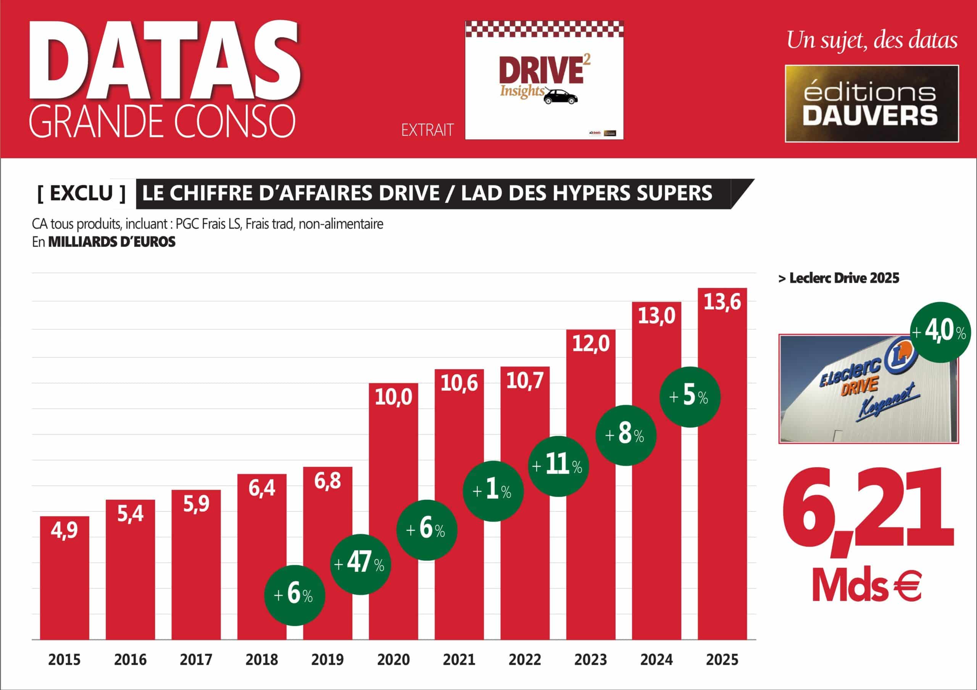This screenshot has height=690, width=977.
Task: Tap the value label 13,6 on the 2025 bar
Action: (x=722, y=302)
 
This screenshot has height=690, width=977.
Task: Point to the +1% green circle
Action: (x=493, y=491)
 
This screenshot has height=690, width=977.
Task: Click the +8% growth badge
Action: (x=626, y=435)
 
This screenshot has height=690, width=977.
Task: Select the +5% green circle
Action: (x=690, y=396)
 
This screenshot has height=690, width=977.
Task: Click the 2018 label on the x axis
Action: (x=262, y=660)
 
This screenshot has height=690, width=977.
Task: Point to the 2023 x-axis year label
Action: (x=591, y=660)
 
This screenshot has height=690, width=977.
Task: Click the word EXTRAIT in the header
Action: (x=427, y=130)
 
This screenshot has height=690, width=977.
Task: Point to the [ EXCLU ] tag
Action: (x=81, y=193)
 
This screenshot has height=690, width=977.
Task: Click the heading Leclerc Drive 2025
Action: (x=838, y=278)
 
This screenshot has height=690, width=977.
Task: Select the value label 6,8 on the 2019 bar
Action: (x=327, y=481)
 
